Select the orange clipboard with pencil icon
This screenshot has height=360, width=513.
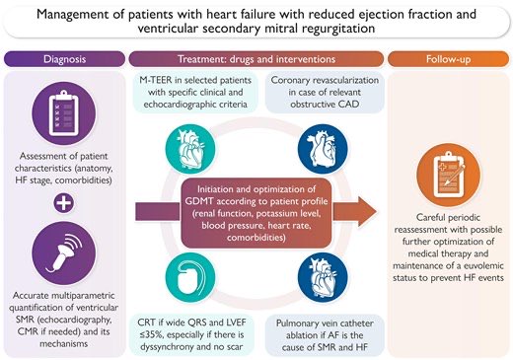[x=448, y=162]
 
